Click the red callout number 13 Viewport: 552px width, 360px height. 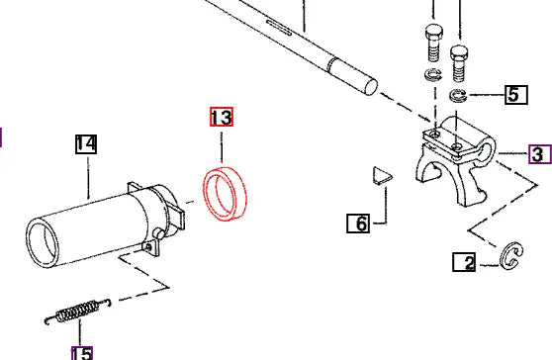coord(221,118)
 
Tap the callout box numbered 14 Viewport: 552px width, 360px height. coord(86,145)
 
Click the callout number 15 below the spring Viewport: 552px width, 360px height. coord(81,351)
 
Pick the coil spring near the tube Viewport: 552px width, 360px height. coord(75,312)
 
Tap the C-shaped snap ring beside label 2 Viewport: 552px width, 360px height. coord(512,257)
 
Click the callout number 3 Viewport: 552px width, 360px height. coord(537,155)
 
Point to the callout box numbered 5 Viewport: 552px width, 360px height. coord(512,95)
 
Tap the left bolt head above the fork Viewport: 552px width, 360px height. coord(431,41)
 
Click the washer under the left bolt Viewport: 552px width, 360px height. coord(431,77)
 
